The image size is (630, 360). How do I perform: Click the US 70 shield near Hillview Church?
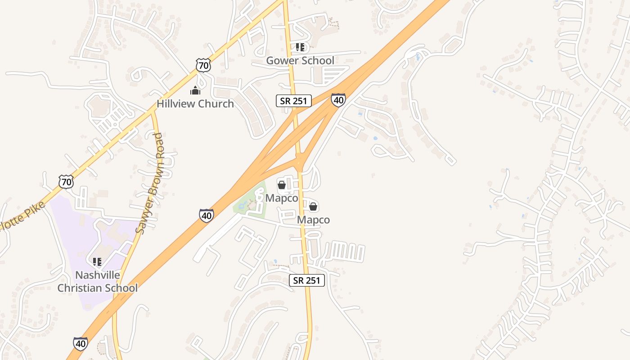(203, 65)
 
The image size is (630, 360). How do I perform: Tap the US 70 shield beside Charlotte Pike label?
(66, 182)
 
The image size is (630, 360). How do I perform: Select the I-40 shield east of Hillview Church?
(338, 100)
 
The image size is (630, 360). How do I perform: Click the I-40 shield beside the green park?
(206, 216)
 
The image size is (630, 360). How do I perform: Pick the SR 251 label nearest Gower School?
(293, 101)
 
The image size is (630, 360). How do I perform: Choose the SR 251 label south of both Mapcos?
(306, 280)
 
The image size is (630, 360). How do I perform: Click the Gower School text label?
(300, 60)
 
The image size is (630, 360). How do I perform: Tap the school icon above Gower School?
(300, 47)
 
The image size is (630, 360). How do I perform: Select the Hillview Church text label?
(195, 103)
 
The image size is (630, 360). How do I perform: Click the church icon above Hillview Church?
(195, 90)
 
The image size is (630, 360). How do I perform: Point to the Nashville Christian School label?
(97, 281)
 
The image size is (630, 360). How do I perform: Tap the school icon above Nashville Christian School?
(97, 261)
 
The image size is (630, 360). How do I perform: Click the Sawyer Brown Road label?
(150, 184)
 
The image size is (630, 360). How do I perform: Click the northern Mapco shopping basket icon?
(282, 185)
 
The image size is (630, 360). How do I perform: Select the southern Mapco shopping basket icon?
(313, 207)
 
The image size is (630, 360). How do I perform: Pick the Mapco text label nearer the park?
(282, 198)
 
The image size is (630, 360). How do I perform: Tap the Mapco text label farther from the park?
(313, 220)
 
